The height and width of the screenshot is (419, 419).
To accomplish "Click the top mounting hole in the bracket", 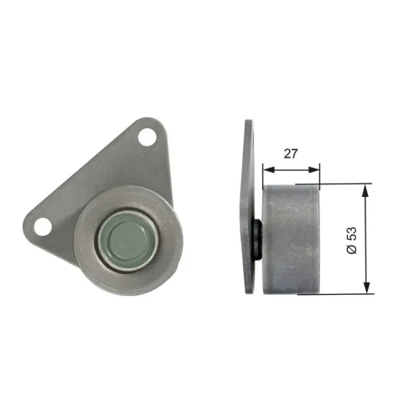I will (149, 137).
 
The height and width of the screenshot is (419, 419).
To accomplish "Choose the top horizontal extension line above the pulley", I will (344, 184).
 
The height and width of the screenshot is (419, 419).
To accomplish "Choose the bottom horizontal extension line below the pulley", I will (344, 293).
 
